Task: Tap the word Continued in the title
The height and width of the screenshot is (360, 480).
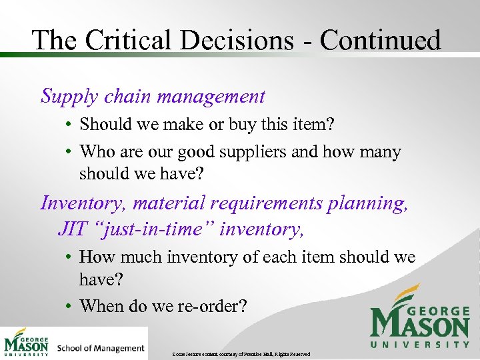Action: tap(380, 40)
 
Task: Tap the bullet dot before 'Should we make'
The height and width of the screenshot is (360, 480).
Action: tap(69, 125)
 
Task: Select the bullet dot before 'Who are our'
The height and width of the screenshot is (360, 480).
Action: tap(69, 153)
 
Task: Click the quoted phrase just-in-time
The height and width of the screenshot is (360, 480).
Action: tap(159, 229)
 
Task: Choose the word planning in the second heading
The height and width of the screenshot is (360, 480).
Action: tap(367, 202)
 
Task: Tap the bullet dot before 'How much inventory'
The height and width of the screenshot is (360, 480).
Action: tap(69, 257)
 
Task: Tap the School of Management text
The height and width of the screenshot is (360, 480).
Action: tap(101, 347)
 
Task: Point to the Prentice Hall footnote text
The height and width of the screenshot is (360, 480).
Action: tap(240, 353)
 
